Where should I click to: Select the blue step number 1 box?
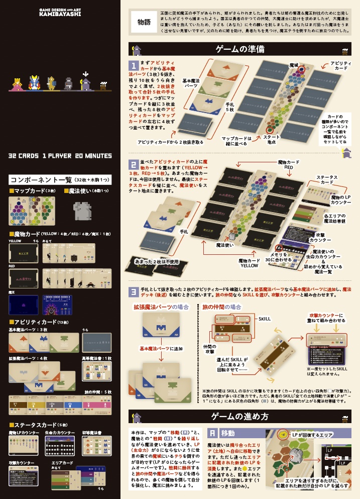click(x=134, y=66)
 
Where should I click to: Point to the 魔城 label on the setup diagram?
click(x=294, y=66)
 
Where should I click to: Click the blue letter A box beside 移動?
click(x=213, y=433)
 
